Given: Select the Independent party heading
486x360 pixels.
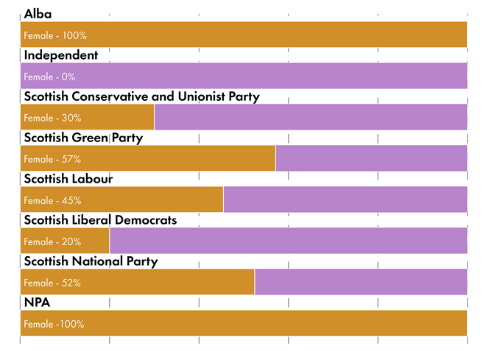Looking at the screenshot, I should click(60, 55).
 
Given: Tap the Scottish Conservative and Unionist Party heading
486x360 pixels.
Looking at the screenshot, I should click(141, 96).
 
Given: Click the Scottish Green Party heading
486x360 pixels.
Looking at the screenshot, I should click(83, 138).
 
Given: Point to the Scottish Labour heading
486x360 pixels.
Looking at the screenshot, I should click(68, 179).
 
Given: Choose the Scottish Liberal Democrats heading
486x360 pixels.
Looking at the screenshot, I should click(100, 220).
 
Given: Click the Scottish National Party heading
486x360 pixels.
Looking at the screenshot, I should click(91, 261).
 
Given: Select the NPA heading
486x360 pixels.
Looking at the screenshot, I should click(37, 303).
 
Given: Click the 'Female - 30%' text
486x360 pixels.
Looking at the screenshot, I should click(52, 118).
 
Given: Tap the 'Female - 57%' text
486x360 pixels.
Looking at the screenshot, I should click(52, 159).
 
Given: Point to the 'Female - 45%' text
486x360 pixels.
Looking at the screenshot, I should click(52, 200).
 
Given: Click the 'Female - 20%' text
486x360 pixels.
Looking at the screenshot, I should click(52, 241).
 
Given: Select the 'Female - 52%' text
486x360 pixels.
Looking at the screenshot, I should click(52, 283).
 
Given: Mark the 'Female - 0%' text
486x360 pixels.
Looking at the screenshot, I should click(49, 77).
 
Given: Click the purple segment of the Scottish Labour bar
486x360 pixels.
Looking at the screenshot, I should click(345, 200).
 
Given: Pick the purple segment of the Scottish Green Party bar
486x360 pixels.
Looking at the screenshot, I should click(371, 158).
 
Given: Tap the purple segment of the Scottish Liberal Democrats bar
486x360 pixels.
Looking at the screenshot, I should click(288, 241).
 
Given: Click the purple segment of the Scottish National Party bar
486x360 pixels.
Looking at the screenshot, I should click(361, 282).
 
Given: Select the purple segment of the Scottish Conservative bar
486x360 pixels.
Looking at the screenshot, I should click(311, 117).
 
